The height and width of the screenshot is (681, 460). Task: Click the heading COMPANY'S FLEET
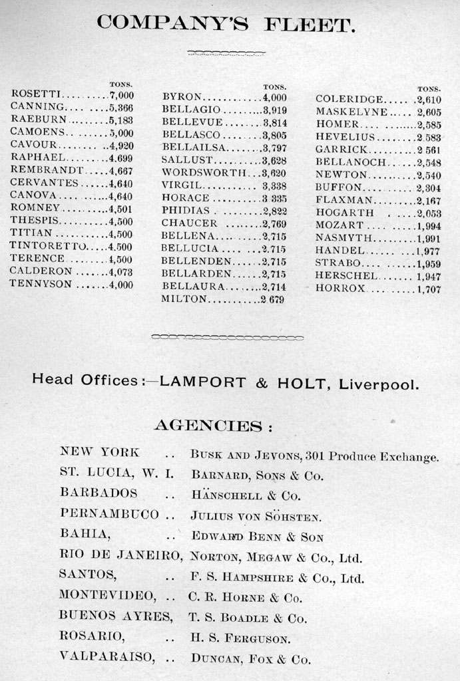click(x=226, y=24)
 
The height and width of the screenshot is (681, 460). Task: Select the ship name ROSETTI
click(x=37, y=94)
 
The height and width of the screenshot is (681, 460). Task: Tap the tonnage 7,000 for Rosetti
click(x=120, y=95)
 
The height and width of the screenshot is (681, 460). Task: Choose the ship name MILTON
click(x=184, y=299)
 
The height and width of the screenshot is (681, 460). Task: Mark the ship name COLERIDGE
click(x=349, y=99)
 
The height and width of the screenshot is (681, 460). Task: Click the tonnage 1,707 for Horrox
click(x=428, y=289)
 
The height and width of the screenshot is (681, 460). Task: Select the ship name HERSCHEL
click(x=345, y=275)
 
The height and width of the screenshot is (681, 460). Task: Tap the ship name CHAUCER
click(x=189, y=223)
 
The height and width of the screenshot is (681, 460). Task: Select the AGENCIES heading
click(x=213, y=426)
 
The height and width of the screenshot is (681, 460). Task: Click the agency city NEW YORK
click(x=100, y=452)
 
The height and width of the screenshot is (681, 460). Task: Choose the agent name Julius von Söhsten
click(x=256, y=516)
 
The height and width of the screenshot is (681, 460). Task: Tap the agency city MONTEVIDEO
click(x=107, y=595)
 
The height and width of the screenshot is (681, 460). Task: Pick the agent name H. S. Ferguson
click(x=240, y=639)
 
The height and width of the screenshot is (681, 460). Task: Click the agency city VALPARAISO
click(x=107, y=656)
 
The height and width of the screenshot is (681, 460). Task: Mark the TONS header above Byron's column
click(x=274, y=86)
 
